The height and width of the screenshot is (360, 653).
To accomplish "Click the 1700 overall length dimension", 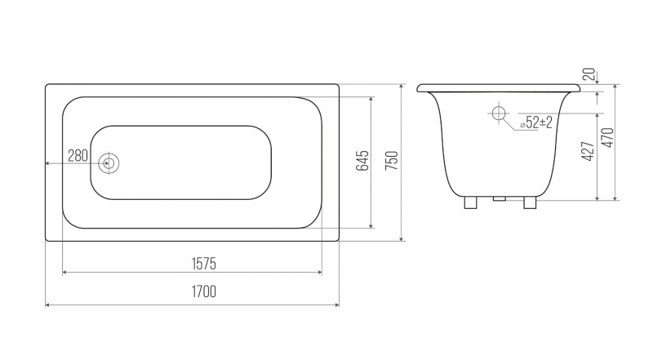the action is point(203,291).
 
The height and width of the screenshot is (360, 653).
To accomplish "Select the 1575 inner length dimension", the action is point(203,264).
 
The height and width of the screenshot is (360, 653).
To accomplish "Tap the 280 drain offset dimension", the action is point(78,156).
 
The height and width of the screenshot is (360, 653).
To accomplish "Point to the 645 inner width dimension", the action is point(362,161).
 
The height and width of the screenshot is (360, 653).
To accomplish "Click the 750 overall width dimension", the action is point(392,161).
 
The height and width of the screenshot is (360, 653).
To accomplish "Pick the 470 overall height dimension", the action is point(608,137).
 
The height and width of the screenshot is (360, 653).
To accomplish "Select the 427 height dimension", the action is point(588,151).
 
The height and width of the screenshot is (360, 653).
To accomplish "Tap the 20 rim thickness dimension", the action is point(589,74).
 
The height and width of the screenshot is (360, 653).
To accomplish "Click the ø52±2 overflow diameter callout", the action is point(536,122).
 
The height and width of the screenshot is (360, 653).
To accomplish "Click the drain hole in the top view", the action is point(109,163).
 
